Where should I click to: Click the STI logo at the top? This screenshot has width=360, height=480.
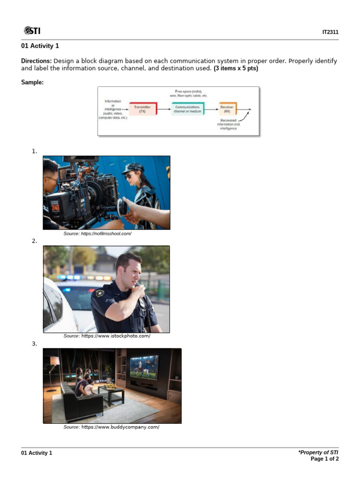[32, 31]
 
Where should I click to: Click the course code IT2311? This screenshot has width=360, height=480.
[330, 32]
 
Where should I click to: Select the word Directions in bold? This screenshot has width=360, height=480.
[37, 61]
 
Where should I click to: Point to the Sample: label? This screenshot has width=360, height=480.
[32, 82]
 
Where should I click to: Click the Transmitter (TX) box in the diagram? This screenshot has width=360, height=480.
[142, 109]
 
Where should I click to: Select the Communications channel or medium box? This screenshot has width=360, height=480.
[187, 109]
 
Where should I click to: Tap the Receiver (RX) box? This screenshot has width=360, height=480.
[227, 109]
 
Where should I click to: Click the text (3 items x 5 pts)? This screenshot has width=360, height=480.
[236, 68]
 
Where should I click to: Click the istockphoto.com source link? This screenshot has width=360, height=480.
[116, 336]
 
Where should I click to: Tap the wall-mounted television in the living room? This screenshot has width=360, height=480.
[144, 366]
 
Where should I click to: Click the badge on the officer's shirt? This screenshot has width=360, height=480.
[99, 293]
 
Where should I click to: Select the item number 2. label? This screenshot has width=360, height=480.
[34, 241]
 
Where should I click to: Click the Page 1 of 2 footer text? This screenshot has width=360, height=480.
[324, 459]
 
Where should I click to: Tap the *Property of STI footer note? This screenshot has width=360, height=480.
[318, 452]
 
